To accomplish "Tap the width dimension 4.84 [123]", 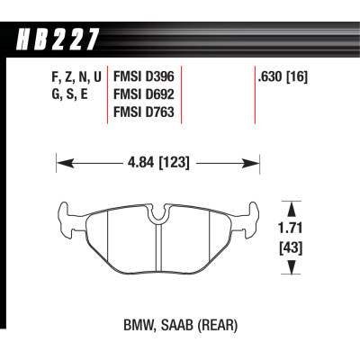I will [158, 165].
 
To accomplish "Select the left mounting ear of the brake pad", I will [65, 217].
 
